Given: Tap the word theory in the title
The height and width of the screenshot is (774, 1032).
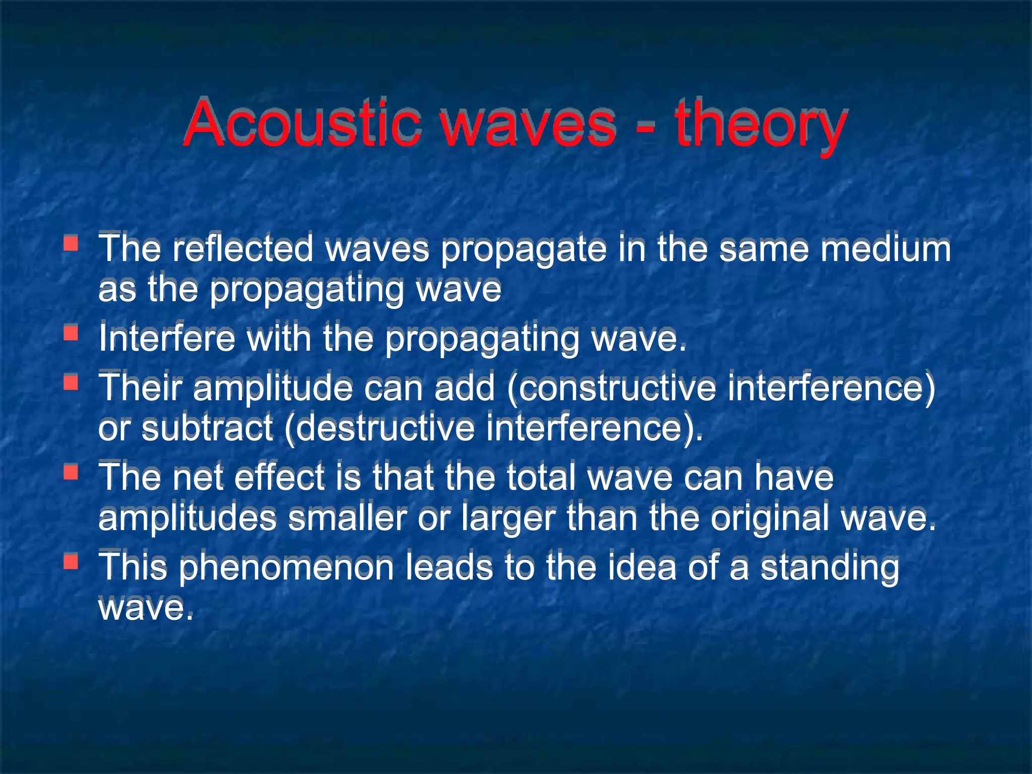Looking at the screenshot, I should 760,126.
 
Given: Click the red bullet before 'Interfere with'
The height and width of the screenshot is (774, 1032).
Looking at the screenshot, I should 71,333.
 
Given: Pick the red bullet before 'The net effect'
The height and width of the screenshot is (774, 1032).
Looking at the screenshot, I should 71,472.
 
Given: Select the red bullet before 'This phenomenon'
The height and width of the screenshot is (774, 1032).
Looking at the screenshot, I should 71,561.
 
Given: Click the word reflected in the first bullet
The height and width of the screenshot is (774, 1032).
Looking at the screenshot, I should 242,248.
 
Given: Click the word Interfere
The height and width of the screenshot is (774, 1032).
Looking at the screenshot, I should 167,338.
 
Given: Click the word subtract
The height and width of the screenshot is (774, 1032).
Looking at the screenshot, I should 207,428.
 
